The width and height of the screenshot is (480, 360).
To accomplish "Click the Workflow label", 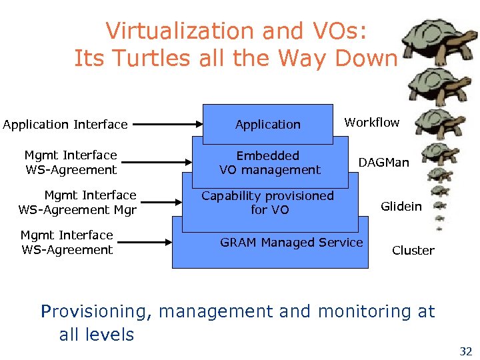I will [371, 123].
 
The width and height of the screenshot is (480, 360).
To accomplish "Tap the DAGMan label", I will [383, 163].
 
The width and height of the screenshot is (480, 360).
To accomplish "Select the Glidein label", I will [401, 207].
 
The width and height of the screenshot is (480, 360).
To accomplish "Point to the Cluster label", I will [413, 251].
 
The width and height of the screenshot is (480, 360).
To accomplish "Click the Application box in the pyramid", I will [267, 125].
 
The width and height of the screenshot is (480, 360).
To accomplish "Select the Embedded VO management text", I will [269, 163].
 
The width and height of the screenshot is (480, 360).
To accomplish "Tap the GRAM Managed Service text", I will [291, 243].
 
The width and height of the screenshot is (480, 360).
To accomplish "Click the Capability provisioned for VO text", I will [267, 203].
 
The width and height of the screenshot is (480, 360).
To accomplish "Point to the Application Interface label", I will [65, 125].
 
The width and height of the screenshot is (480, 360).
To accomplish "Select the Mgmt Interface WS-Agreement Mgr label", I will [77, 203].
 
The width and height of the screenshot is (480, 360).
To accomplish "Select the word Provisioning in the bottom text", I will [97, 311].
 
